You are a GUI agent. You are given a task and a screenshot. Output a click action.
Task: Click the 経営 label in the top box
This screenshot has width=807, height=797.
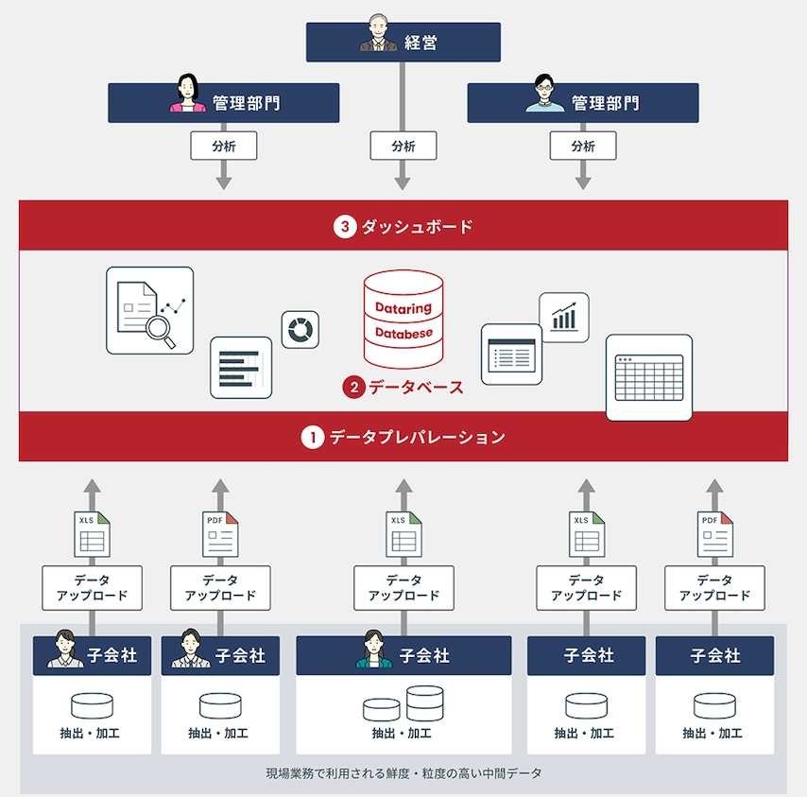(421, 43)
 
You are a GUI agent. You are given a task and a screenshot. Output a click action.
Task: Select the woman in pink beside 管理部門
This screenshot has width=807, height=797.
(187, 95)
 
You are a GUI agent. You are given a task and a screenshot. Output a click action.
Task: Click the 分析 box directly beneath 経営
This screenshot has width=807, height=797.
(403, 146)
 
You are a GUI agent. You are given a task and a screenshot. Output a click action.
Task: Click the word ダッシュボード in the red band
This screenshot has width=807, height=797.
(417, 227)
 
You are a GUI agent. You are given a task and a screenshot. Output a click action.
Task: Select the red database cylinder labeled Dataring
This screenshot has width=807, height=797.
(403, 319)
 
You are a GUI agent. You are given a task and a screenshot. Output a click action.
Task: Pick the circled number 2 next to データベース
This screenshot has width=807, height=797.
(353, 387)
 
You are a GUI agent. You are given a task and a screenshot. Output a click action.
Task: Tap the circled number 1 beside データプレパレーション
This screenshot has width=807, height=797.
(312, 438)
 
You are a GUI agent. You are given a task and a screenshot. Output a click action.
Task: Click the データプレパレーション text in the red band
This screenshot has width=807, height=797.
(417, 438)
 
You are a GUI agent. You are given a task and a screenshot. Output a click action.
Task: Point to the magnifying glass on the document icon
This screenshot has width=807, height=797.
(159, 330)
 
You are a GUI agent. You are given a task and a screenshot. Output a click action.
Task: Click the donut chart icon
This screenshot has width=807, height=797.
(300, 330)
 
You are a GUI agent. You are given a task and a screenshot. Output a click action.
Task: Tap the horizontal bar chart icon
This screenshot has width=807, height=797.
(240, 368)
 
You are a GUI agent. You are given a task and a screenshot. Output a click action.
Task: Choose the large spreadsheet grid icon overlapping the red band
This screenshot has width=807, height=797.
(649, 377)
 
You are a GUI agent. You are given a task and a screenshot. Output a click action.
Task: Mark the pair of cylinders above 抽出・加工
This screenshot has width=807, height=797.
(403, 705)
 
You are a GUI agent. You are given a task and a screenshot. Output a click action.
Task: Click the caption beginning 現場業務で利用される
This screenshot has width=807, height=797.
(404, 773)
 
